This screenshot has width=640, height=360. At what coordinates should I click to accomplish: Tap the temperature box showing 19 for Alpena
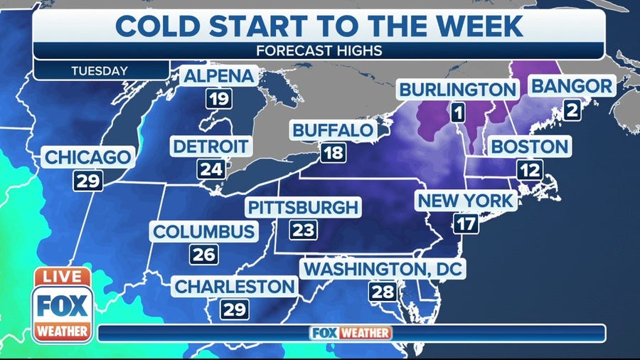219,98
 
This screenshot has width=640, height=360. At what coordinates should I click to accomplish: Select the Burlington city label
457,90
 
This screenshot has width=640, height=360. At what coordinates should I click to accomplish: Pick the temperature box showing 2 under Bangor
571,110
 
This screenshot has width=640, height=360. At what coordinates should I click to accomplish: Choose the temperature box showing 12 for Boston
530,170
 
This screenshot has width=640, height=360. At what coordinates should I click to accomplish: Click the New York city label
465,201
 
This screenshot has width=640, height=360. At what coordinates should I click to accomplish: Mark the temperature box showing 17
466,223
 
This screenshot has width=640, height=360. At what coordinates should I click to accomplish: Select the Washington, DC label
383,269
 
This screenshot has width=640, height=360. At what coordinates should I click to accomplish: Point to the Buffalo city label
333,130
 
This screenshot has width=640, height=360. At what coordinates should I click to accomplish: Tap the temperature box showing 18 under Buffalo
333,153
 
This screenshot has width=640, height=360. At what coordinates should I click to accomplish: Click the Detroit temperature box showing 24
211,169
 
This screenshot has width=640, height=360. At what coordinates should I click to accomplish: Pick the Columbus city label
204,232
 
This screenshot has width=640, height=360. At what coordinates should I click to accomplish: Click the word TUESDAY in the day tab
100,70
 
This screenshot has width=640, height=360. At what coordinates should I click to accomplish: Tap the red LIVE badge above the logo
62,276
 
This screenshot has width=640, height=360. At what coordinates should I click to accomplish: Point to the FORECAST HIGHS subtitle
320,51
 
